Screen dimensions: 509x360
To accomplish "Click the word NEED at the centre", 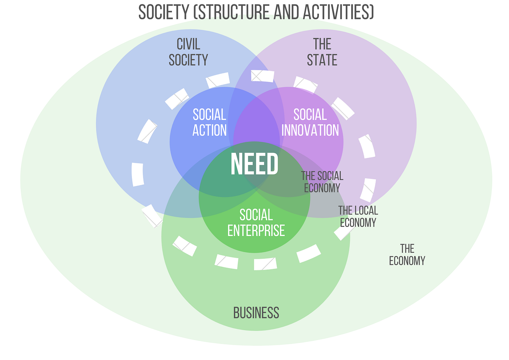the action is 254,164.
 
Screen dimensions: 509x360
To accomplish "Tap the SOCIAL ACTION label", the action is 209,123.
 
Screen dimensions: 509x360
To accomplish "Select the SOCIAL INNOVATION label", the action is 310,123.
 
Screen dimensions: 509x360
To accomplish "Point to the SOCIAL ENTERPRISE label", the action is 256,223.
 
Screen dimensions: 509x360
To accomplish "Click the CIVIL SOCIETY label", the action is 188,52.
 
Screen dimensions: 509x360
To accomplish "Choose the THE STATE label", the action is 322,52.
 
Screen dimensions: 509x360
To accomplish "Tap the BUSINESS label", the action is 256,313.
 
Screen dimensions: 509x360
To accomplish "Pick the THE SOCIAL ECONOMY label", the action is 322,182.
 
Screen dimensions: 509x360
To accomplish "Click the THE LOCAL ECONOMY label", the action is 358,216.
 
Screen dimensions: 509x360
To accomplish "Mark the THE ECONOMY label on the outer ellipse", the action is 407,255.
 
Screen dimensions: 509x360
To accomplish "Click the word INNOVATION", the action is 310,130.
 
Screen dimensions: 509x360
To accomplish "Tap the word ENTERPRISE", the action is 256,231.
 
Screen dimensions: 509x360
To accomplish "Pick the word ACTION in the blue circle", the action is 209,130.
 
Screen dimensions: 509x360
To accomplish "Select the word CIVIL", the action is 188,44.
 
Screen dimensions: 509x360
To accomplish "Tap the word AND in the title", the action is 280,12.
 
